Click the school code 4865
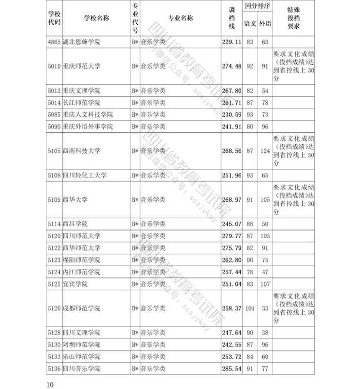coord(53,42)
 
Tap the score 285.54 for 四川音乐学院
coord(231,369)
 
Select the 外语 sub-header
coord(265,24)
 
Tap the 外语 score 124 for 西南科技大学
coord(265,151)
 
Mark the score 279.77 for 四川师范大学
coord(231,236)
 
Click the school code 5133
coord(53,357)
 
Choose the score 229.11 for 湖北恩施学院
coord(231,42)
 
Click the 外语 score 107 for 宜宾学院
coord(265,284)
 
